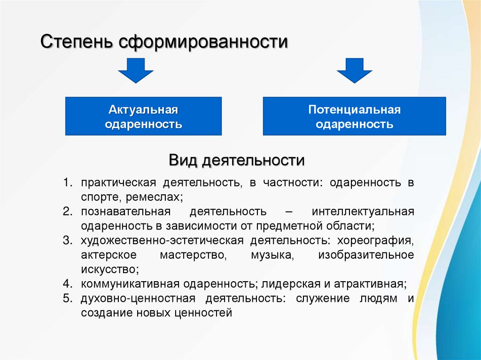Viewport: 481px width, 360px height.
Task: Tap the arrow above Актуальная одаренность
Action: click(136, 70)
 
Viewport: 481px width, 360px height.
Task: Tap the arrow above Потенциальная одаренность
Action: click(354, 70)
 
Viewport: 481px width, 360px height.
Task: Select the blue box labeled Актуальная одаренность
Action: click(143, 116)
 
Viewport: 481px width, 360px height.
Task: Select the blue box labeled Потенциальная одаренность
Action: click(354, 116)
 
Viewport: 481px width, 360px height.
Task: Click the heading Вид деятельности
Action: click(237, 161)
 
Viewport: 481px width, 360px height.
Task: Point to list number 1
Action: click(68, 183)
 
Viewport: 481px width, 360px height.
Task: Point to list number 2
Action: click(68, 212)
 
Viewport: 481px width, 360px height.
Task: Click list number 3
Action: click(68, 241)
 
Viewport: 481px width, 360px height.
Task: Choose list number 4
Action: click(68, 284)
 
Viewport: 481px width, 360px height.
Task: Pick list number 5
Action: click(68, 299)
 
